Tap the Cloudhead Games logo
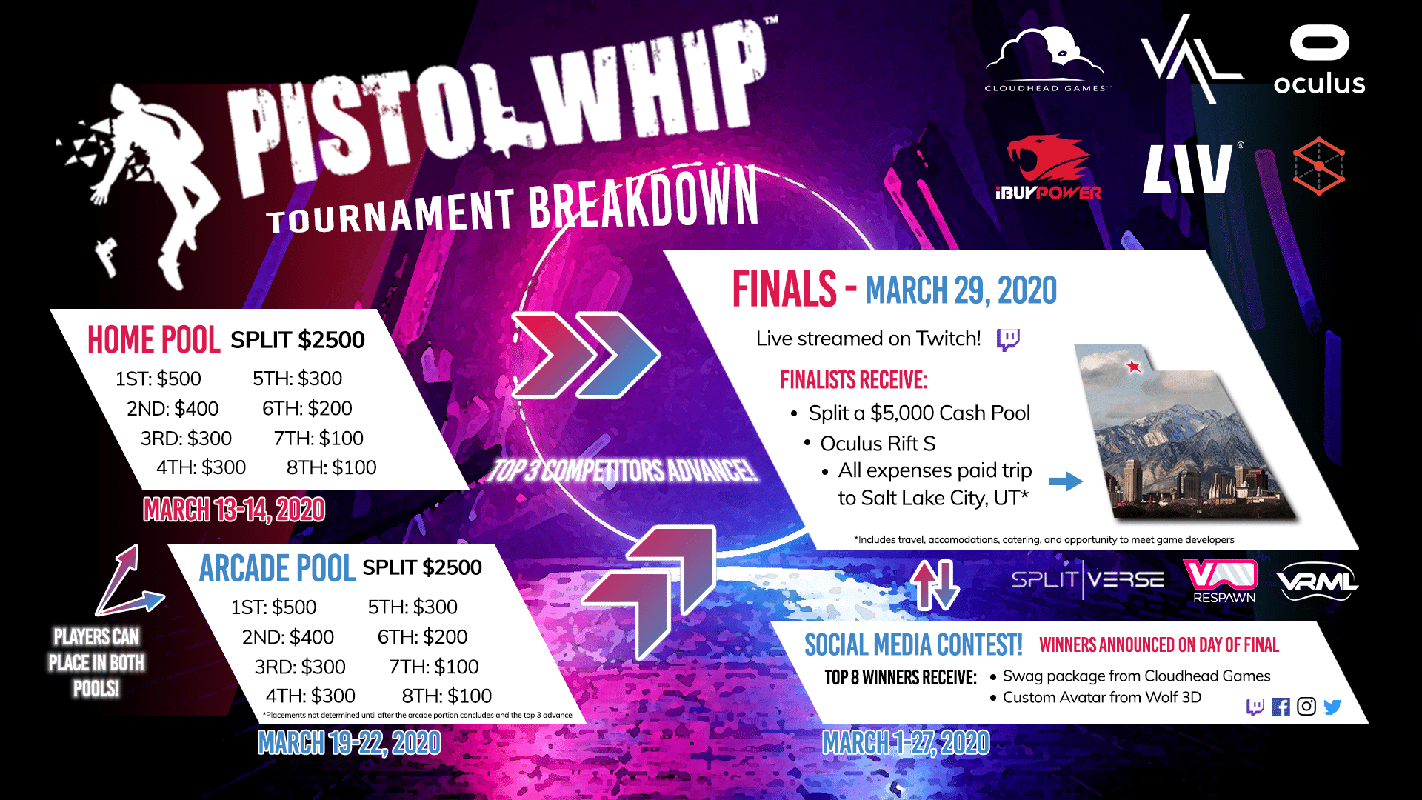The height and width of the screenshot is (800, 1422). click(x=1046, y=59)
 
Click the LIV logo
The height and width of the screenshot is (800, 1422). click(x=1187, y=169)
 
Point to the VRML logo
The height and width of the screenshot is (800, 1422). click(x=1317, y=582)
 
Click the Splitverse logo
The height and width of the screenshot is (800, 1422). click(x=1087, y=579)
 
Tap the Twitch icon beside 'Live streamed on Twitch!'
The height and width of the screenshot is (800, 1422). click(x=1008, y=339)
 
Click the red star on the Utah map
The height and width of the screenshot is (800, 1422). click(x=1133, y=366)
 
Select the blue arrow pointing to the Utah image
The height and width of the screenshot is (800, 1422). click(x=1066, y=481)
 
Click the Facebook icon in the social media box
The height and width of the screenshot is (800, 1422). click(x=1280, y=707)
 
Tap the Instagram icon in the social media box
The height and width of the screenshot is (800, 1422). click(x=1306, y=707)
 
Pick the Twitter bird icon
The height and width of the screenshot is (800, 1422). click(x=1332, y=707)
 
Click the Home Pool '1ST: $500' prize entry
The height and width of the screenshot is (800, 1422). click(x=158, y=379)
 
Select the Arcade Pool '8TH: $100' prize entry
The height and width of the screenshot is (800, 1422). click(x=447, y=696)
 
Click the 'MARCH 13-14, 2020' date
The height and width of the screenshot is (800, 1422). click(x=234, y=510)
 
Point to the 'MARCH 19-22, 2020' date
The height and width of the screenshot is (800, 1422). click(x=349, y=742)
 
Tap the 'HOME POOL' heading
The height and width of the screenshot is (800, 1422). click(x=153, y=340)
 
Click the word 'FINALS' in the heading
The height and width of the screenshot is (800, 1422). click(x=784, y=289)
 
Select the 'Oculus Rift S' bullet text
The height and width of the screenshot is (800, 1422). click(x=878, y=443)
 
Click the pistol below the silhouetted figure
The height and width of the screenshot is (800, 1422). click(x=107, y=256)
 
